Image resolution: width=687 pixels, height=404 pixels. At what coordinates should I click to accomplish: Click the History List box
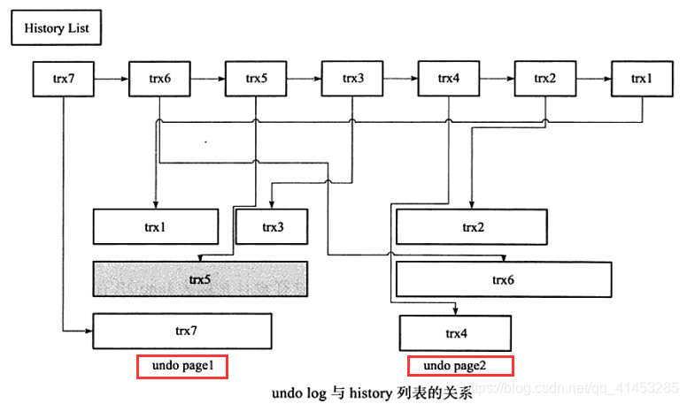coord(56,28)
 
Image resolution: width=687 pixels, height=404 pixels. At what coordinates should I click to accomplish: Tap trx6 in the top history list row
coord(160,79)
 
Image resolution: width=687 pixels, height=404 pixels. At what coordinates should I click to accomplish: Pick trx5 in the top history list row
coord(256,79)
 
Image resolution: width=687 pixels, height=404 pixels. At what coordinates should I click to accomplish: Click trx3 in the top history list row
coord(352,79)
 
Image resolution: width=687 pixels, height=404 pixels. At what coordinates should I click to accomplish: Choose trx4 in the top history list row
coord(449,79)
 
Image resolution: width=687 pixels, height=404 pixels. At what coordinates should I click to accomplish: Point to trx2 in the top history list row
coord(545,79)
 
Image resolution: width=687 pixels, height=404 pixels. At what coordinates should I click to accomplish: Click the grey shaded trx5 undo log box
coord(200,278)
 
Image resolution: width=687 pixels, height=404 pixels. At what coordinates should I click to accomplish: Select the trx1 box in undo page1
coord(155,227)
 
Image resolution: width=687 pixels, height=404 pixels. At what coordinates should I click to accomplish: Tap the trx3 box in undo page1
coord(272,227)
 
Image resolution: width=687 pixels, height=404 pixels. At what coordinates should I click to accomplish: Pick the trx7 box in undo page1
coord(181,332)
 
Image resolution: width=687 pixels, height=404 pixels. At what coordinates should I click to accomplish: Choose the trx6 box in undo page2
coord(504,279)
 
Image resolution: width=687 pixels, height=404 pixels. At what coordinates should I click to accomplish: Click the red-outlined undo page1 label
coord(182,366)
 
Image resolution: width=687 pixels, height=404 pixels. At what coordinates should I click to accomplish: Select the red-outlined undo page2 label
coord(459,366)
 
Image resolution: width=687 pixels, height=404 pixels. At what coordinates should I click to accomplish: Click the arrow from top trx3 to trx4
coord(401,79)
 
